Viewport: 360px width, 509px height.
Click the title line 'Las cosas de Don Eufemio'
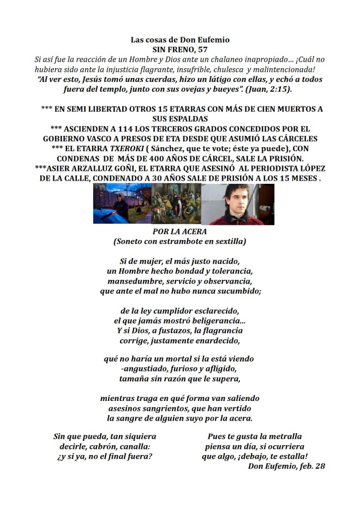click(180, 40)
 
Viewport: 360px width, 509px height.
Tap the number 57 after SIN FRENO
click(202, 49)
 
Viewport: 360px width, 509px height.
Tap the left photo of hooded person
click(121, 204)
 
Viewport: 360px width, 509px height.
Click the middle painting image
click(176, 204)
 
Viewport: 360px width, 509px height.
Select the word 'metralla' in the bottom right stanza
click(279, 436)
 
